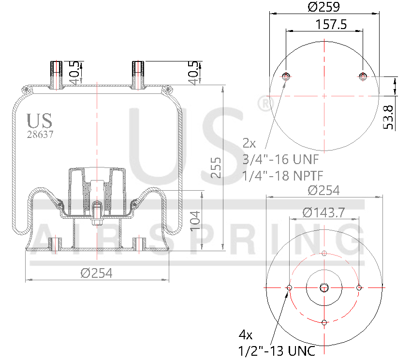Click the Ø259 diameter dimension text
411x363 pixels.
pos(324,7)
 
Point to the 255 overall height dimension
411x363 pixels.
pos(217,167)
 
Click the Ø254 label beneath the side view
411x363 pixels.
pos(97,273)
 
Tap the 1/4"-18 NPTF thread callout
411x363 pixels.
pos(283,175)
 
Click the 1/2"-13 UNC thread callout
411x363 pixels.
pos(277,351)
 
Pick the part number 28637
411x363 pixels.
pos(40,135)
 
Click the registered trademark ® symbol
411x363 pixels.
pos(264,104)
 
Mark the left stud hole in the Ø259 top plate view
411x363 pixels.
pos(286,76)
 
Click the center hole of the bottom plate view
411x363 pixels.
pos(324,288)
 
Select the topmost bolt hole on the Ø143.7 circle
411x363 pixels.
pos(324,254)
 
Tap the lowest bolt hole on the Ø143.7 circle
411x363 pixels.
pos(324,322)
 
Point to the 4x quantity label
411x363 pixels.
pos(245,334)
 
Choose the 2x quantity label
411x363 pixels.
pos(249,143)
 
